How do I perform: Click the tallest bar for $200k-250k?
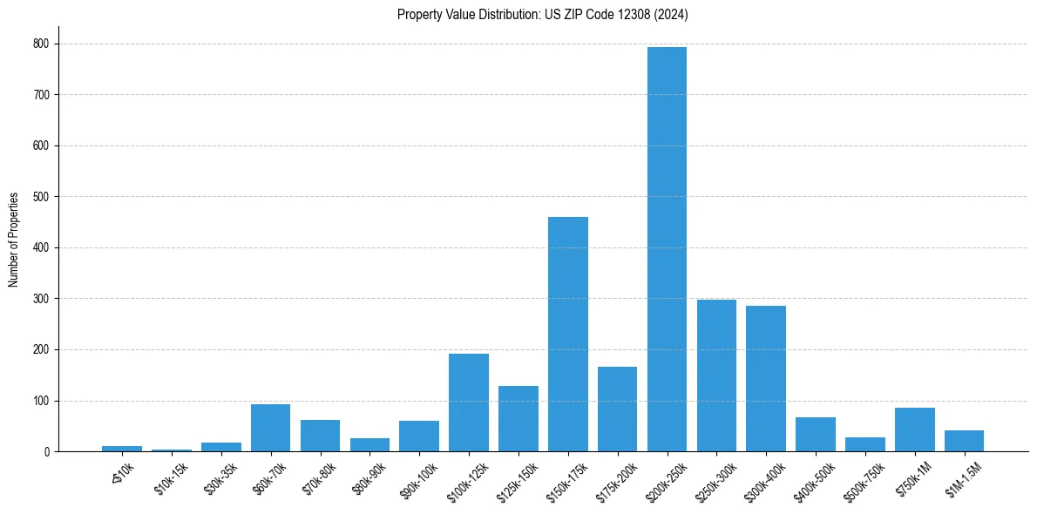(x=667, y=249)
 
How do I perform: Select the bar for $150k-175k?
(x=567, y=335)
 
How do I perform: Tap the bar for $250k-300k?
(x=716, y=375)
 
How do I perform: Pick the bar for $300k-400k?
(x=766, y=379)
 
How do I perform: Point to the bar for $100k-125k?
(x=469, y=402)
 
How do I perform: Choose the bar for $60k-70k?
(x=270, y=428)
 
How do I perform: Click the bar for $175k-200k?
(x=617, y=409)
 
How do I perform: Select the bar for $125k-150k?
(x=518, y=419)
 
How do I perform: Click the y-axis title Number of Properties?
(x=14, y=240)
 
